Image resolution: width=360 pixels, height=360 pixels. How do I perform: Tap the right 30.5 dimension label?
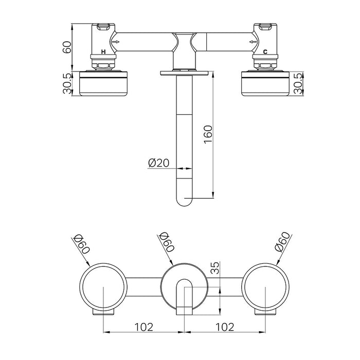pyautogui.click(x=297, y=83)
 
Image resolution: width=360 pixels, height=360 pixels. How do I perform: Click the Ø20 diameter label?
pyautogui.click(x=158, y=163)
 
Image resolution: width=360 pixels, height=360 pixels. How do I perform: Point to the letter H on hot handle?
pyautogui.click(x=104, y=52)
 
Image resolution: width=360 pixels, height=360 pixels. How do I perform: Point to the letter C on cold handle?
pyautogui.click(x=264, y=52)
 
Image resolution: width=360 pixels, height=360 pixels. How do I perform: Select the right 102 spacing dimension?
pyautogui.click(x=225, y=326)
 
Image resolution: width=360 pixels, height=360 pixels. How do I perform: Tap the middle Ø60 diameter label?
pyautogui.click(x=167, y=242)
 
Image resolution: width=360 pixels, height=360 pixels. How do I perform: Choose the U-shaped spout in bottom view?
pyautogui.click(x=185, y=296)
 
